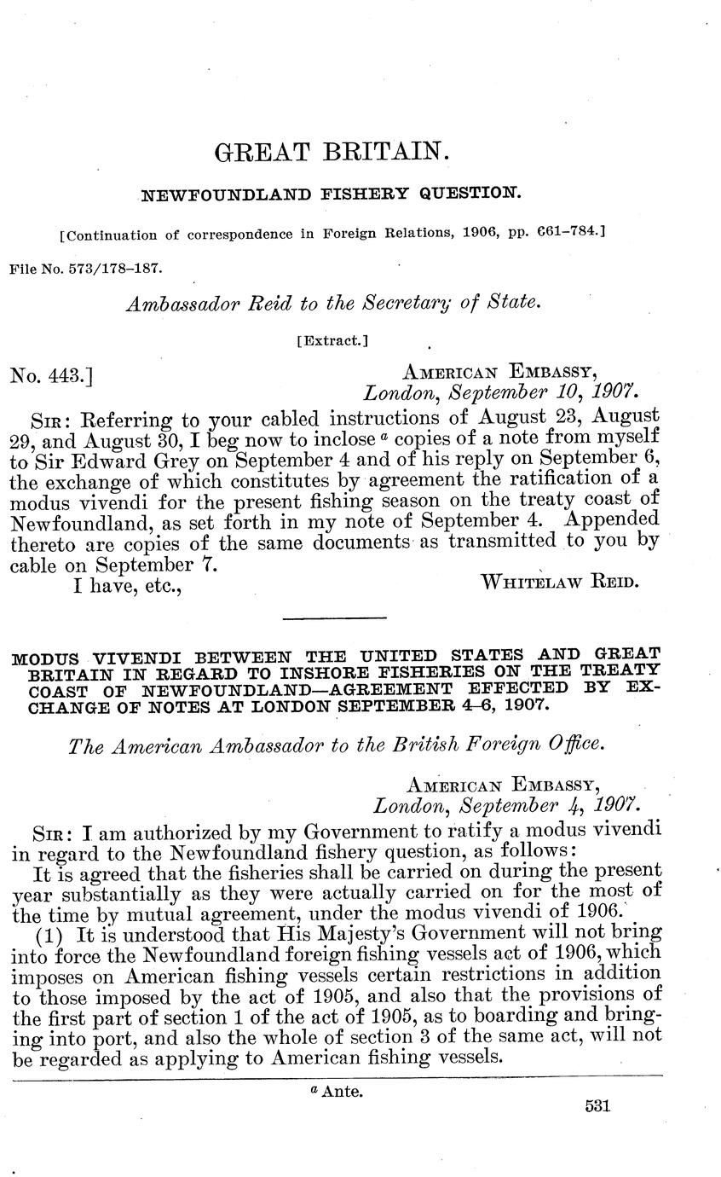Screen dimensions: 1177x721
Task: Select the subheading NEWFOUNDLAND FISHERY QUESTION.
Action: [329, 195]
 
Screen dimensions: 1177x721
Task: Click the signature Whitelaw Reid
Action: [559, 583]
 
